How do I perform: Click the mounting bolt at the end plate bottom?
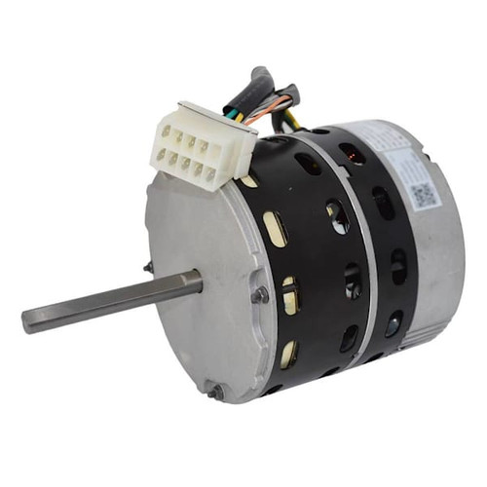coord(216,392)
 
